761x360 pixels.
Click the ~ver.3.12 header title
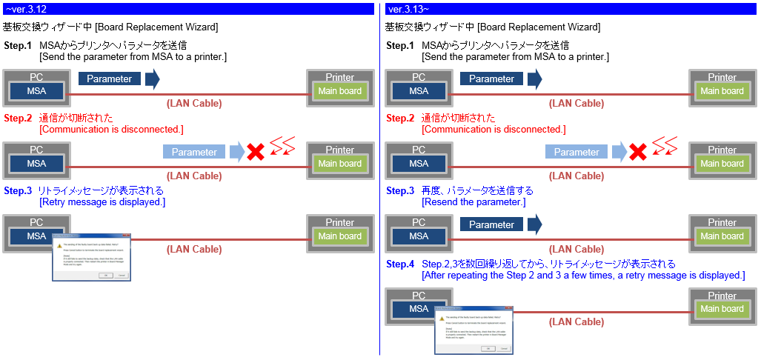pyautogui.click(x=26, y=9)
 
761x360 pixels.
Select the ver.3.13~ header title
pyautogui.click(x=408, y=9)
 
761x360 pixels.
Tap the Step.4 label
pyautogui.click(x=401, y=264)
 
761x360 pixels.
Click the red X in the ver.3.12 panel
pyautogui.click(x=256, y=153)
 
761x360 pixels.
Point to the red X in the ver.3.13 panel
pyautogui.click(x=638, y=153)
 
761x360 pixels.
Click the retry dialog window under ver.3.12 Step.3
pyautogui.click(x=92, y=259)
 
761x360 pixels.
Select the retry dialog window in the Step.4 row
pyautogui.click(x=474, y=328)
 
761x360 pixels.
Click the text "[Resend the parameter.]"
pyautogui.click(x=473, y=202)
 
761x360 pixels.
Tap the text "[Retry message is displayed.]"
pyautogui.click(x=102, y=202)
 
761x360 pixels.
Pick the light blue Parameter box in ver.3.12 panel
pyautogui.click(x=194, y=153)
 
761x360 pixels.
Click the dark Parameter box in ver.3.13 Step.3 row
pyautogui.click(x=491, y=224)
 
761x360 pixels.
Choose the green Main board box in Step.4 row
pyautogui.click(x=722, y=309)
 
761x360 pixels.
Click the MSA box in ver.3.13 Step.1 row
pyautogui.click(x=419, y=91)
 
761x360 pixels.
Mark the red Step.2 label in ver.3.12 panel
pyautogui.click(x=18, y=119)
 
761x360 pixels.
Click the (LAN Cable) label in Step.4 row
pyautogui.click(x=576, y=321)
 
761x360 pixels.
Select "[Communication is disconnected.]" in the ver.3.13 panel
pyautogui.click(x=494, y=130)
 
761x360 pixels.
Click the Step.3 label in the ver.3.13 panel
pyautogui.click(x=401, y=191)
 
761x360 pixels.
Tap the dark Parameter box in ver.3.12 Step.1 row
pyautogui.click(x=110, y=79)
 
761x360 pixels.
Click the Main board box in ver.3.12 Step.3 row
pyautogui.click(x=339, y=236)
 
